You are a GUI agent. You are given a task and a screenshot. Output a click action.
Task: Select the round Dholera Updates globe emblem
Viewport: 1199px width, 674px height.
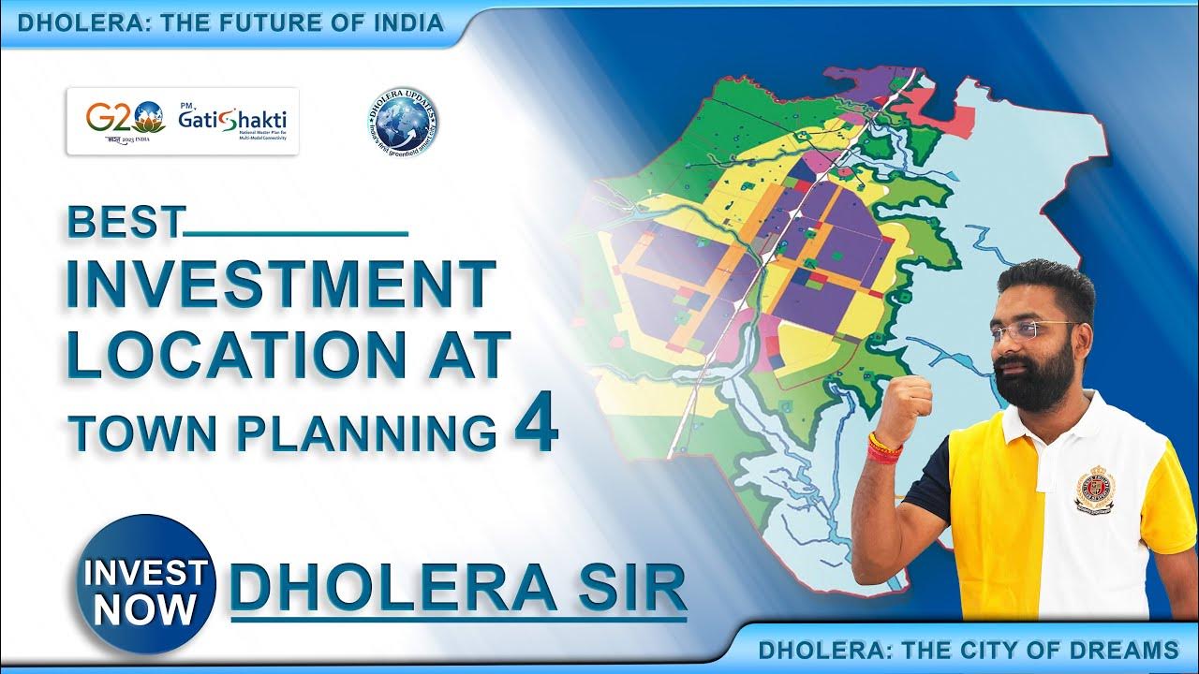pos(403,122)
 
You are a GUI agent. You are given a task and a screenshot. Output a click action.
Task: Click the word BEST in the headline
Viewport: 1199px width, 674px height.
pos(124,223)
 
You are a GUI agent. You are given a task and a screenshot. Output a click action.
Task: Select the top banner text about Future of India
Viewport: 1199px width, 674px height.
pos(230,23)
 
